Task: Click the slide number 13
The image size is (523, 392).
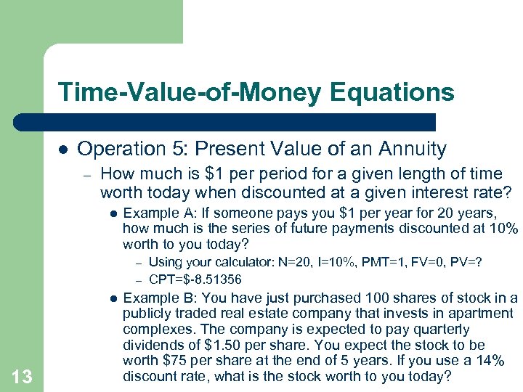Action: click(x=21, y=375)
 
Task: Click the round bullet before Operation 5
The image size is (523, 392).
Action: click(x=63, y=149)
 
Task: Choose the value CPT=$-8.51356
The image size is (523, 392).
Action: click(x=195, y=279)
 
